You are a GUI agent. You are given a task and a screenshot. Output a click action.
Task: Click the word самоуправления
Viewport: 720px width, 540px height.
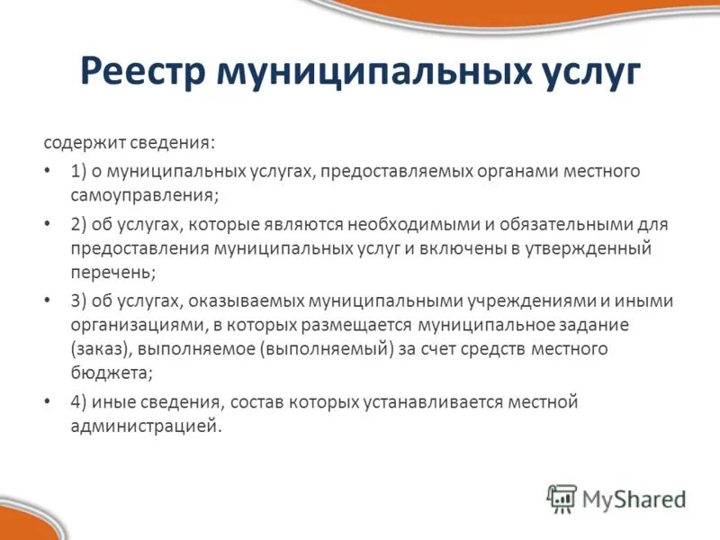[x=144, y=194]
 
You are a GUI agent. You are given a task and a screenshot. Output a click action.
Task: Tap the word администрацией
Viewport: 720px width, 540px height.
[x=145, y=426]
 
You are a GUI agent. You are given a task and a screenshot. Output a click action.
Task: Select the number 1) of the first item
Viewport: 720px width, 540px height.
[x=78, y=171]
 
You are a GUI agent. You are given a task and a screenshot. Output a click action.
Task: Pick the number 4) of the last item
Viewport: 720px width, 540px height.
[x=78, y=401]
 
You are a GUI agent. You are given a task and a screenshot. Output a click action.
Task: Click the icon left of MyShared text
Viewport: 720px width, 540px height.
[x=562, y=498]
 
